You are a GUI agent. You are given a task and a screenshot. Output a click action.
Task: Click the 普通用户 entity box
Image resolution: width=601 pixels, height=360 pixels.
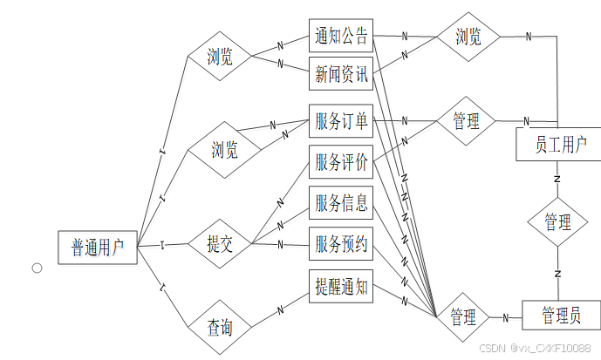(x=97, y=248)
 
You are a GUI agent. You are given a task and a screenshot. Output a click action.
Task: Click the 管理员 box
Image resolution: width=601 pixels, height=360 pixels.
(x=560, y=315)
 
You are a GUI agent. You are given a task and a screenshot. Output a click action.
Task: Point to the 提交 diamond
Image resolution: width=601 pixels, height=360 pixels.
(x=220, y=244)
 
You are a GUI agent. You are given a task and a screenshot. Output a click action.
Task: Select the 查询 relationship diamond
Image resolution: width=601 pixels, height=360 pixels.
(x=220, y=328)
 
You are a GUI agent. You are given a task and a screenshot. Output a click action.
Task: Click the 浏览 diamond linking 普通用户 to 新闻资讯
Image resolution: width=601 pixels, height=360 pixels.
(x=220, y=58)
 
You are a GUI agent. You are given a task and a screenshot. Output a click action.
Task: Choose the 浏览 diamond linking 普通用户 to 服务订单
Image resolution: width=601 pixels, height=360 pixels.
(x=224, y=150)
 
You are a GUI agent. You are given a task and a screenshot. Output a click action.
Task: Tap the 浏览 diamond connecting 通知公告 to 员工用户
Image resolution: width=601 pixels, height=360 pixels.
(x=468, y=37)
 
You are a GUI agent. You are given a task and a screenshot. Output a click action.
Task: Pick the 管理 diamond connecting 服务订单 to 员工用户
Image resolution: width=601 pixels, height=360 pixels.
(x=466, y=122)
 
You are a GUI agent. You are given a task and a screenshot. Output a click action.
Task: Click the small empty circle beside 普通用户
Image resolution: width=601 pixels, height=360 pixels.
(x=38, y=268)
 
